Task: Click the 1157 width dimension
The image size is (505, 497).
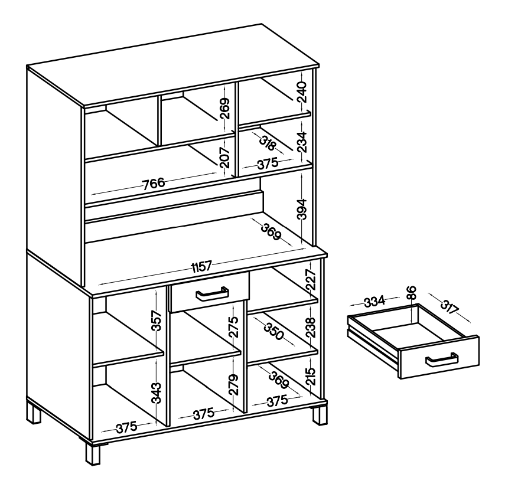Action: (201, 267)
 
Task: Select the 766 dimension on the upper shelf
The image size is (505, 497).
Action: (154, 184)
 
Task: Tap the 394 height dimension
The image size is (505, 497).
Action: (302, 209)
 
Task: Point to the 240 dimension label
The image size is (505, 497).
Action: (302, 92)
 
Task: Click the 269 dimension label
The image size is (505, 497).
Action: (225, 109)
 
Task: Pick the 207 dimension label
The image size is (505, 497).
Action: (225, 158)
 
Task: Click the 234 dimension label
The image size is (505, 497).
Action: (302, 142)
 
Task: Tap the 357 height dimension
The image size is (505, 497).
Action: (156, 321)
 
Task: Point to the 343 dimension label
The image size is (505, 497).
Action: (156, 393)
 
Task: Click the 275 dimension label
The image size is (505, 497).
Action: (233, 327)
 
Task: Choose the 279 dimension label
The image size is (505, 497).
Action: (233, 385)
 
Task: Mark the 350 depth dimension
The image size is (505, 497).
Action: (273, 331)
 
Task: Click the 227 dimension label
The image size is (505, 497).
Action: (311, 280)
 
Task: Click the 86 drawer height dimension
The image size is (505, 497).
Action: (412, 293)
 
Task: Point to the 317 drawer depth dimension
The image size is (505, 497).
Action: (449, 308)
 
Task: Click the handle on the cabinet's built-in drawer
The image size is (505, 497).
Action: (212, 293)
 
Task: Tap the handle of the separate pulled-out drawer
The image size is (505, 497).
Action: (442, 359)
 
